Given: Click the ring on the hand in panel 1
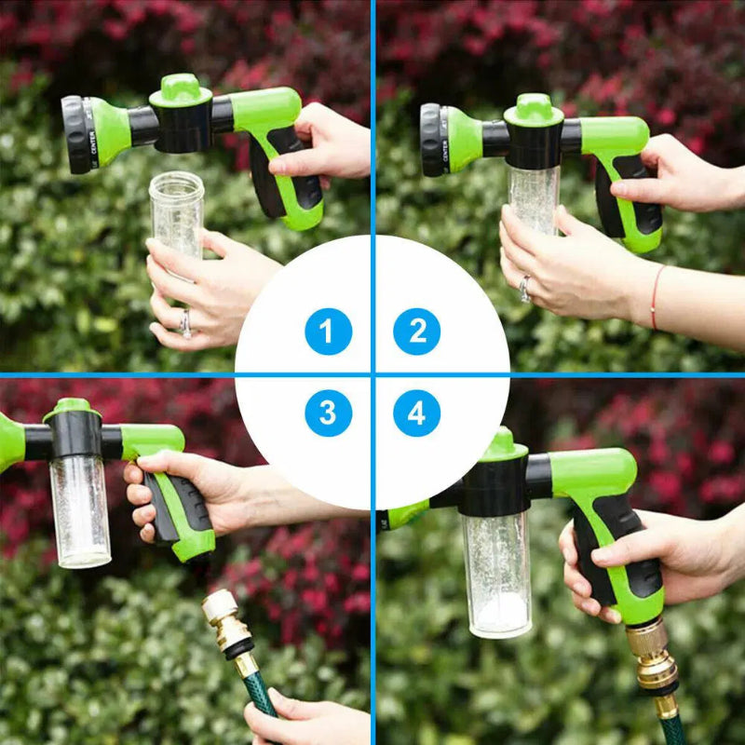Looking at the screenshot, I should [185, 322].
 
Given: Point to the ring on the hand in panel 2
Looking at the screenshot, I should [525, 288].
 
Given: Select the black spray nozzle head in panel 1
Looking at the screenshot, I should [75, 135].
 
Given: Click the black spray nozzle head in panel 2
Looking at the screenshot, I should [431, 140].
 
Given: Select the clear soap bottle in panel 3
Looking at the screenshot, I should [80, 510].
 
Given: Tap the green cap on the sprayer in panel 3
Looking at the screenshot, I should [72, 408].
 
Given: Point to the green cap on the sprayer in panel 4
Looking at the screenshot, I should [502, 444].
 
